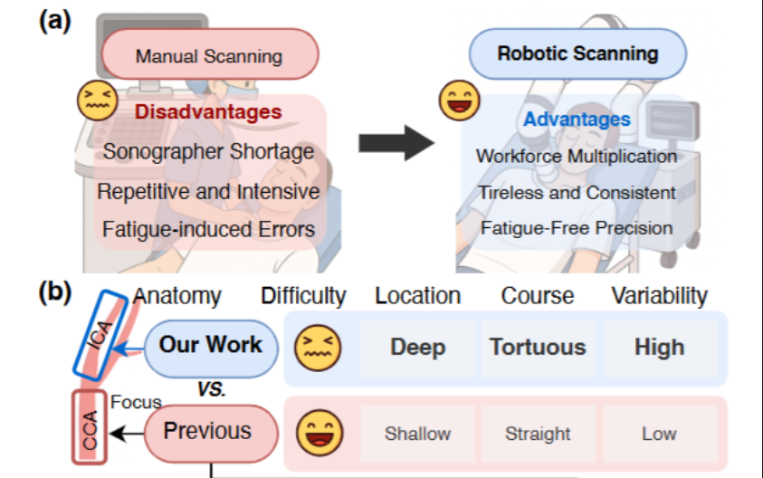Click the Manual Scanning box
pyautogui.click(x=209, y=56)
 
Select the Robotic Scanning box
pyautogui.click(x=577, y=53)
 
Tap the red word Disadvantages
pyautogui.click(x=208, y=112)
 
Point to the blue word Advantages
pyautogui.click(x=577, y=119)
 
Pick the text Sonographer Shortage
pyautogui.click(x=208, y=151)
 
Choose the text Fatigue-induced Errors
pyautogui.click(x=208, y=229)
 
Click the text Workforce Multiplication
pyautogui.click(x=577, y=156)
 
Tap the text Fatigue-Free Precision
pyautogui.click(x=577, y=228)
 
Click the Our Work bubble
pyautogui.click(x=210, y=345)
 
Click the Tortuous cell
pyautogui.click(x=538, y=347)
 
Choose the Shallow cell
pyautogui.click(x=417, y=434)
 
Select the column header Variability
pyautogui.click(x=659, y=296)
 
